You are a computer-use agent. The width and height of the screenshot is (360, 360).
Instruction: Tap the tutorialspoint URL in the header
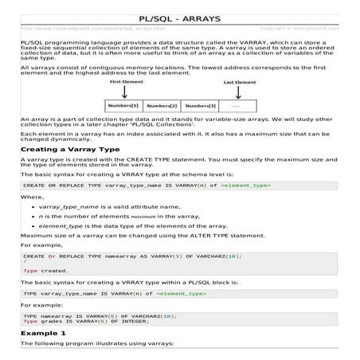tap(72, 28)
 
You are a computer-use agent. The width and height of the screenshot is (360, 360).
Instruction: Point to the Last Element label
tap(239, 82)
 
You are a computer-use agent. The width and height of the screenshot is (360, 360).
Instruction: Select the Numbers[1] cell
tap(123, 105)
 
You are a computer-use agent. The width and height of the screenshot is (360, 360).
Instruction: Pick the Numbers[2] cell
tap(162, 105)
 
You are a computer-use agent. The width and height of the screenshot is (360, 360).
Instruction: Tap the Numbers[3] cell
tap(200, 105)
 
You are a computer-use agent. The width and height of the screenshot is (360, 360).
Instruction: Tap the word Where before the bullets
tap(33, 195)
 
